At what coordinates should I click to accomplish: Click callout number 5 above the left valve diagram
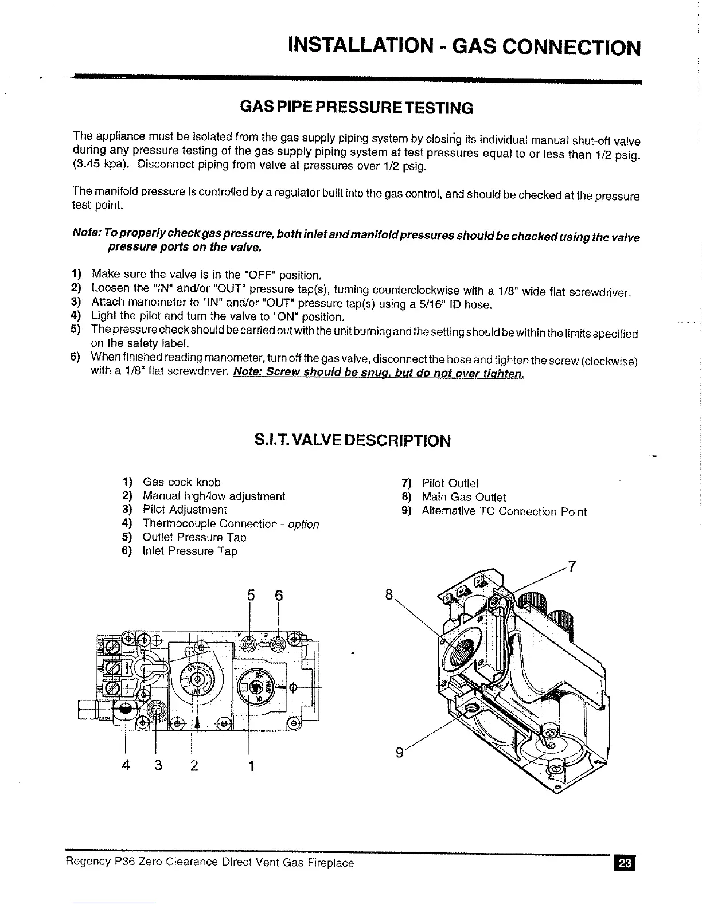click(250, 596)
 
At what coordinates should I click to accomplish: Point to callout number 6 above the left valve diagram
click(279, 596)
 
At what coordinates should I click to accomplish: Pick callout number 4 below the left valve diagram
click(126, 766)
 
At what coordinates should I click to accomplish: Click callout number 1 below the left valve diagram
click(251, 766)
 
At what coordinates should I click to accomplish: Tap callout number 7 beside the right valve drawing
click(571, 568)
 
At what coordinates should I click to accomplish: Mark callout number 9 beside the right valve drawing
click(399, 752)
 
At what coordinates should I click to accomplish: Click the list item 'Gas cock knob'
click(181, 482)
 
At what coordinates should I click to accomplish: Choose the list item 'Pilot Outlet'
click(450, 483)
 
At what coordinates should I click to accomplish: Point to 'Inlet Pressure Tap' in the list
click(189, 551)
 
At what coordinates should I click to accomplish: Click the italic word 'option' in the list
click(303, 524)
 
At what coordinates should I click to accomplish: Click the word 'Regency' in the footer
click(88, 862)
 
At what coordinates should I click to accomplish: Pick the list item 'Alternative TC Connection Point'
click(504, 511)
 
